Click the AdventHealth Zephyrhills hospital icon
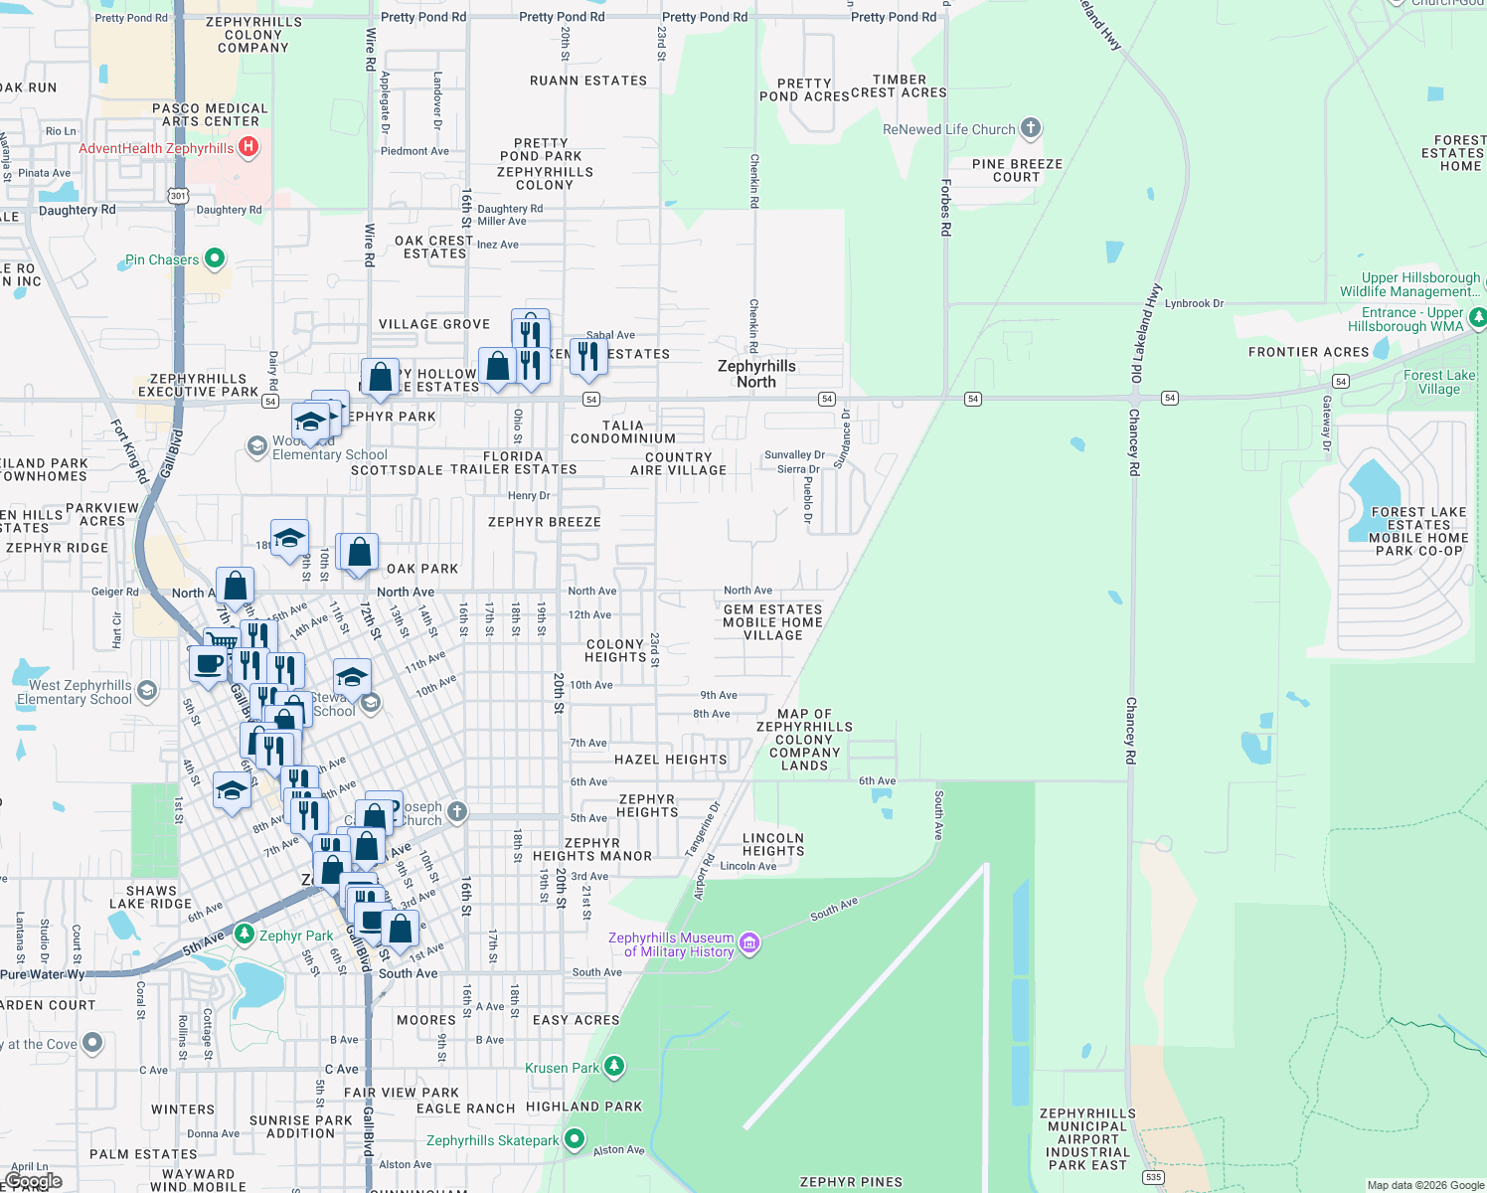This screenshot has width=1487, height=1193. click(248, 148)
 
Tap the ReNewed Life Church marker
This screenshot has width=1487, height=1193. click(1031, 128)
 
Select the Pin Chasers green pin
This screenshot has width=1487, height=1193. click(214, 259)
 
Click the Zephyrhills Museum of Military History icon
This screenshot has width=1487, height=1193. click(749, 943)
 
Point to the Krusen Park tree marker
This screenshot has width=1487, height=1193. click(614, 1067)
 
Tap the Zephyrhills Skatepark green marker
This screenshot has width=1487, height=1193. click(575, 1139)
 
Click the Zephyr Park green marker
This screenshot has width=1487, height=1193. click(245, 935)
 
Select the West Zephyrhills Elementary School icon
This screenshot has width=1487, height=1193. click(147, 691)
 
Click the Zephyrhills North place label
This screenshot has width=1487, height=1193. click(756, 374)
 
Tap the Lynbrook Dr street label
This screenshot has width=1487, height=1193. click(1194, 303)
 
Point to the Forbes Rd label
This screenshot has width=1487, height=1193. click(945, 207)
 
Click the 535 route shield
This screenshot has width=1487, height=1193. click(1153, 1177)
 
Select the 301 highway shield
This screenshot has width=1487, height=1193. click(178, 196)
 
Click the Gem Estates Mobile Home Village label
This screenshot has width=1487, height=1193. click(772, 622)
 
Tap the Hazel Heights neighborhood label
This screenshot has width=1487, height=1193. click(670, 760)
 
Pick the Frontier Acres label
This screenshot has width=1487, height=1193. click(1308, 352)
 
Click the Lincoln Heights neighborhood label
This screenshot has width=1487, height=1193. click(772, 844)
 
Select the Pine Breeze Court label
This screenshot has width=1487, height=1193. click(1017, 170)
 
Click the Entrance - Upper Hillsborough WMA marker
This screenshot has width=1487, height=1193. click(1477, 318)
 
